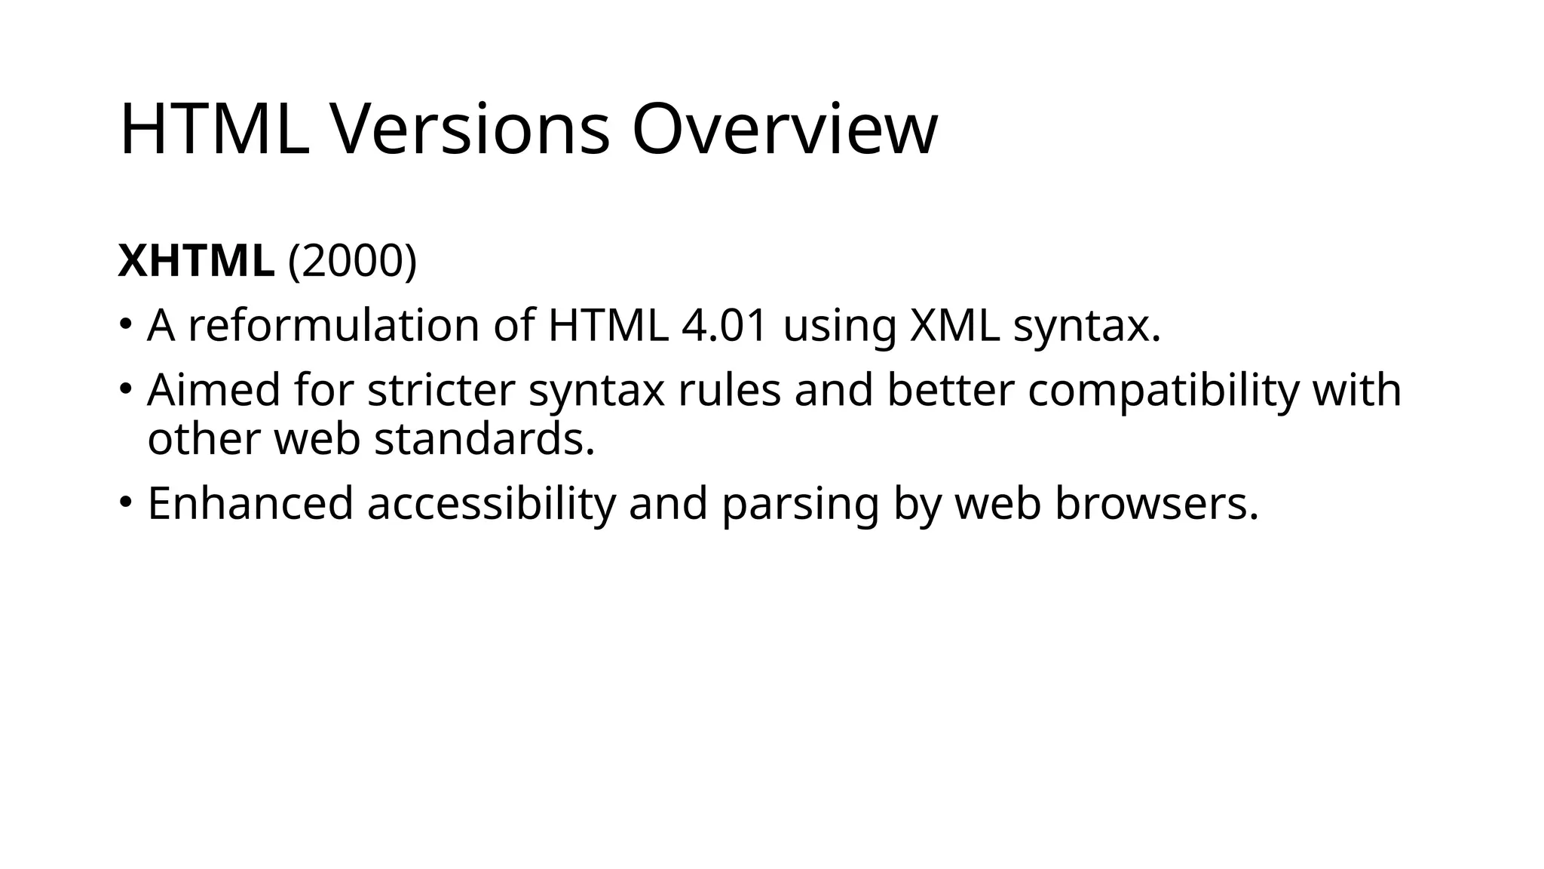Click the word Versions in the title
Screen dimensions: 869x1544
pos(470,129)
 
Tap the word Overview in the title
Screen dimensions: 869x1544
pos(784,129)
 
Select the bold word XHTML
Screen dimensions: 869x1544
pos(196,261)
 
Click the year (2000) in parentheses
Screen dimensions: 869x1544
pos(352,261)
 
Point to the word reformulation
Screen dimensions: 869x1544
pos(333,325)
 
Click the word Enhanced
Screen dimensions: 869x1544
pos(250,503)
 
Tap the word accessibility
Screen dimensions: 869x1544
pos(491,503)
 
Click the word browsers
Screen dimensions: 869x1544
pos(1156,503)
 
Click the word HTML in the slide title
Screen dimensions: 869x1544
pos(214,129)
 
